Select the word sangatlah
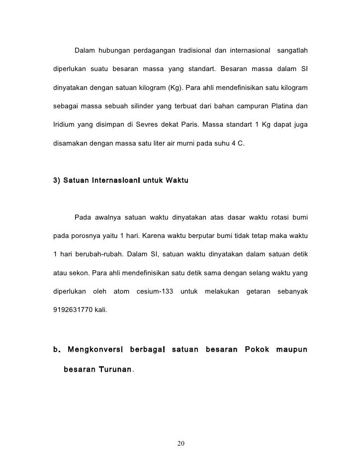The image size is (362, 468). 292,51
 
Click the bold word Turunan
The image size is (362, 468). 114,370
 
